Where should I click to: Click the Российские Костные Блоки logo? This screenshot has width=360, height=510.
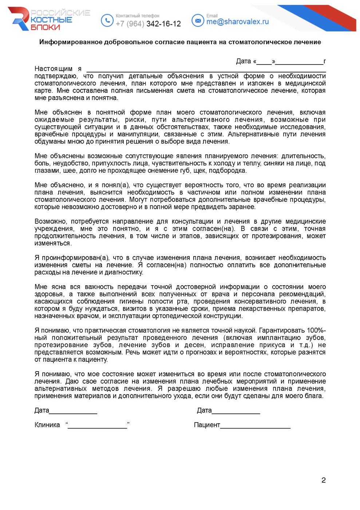click(49, 19)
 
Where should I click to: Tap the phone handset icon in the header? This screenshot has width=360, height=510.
click(107, 20)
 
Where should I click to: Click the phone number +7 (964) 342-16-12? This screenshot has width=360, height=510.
click(148, 24)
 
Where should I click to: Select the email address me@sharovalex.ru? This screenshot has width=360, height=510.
click(237, 22)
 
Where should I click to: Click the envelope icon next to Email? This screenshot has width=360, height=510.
click(198, 20)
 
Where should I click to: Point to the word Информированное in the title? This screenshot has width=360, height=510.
click(71, 42)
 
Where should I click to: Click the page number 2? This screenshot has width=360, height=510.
click(323, 480)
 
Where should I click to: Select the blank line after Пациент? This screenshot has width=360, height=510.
click(255, 426)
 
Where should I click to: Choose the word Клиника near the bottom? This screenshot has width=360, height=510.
click(47, 425)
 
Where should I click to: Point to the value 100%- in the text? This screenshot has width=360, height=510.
click(316, 331)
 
